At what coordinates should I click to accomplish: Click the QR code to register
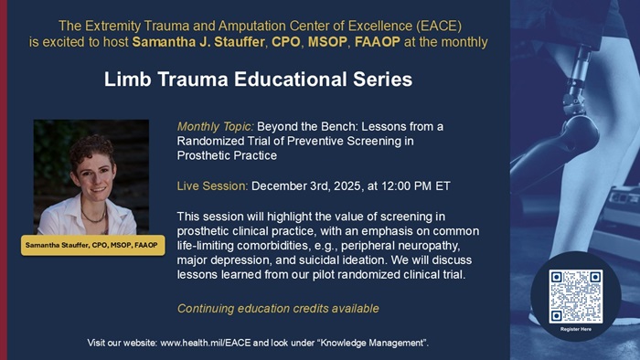(575, 294)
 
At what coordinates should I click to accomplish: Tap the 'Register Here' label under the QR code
(575, 329)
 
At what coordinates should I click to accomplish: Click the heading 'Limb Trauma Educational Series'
(257, 79)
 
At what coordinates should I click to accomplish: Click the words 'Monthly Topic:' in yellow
(215, 125)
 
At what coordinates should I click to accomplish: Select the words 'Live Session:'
(212, 185)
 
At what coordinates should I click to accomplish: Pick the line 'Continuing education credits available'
(278, 309)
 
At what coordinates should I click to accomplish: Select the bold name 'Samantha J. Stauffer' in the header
(200, 42)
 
